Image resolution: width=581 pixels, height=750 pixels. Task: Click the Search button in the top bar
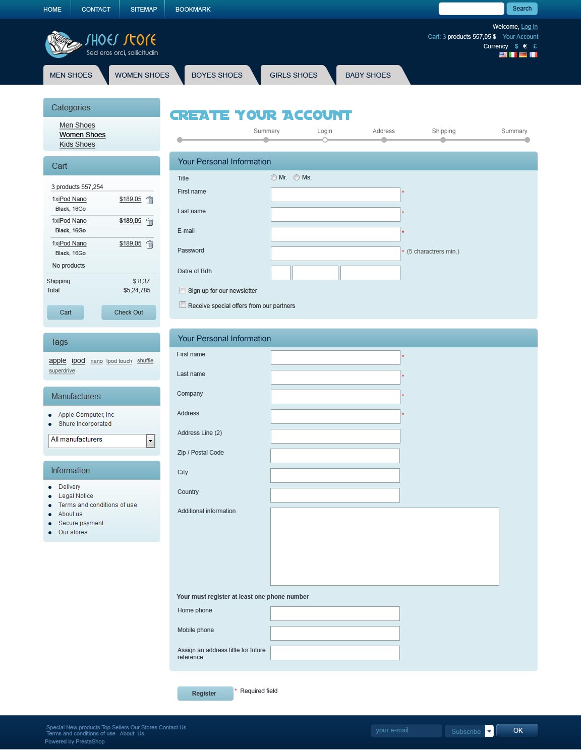522,9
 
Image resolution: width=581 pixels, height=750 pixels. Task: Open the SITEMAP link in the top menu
143,10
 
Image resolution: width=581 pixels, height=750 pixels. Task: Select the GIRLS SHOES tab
294,75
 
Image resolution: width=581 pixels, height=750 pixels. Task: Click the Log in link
529,27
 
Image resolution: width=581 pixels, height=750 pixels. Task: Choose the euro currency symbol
525,46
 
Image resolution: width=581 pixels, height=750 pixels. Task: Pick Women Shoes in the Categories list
82,135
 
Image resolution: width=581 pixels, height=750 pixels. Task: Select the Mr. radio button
274,177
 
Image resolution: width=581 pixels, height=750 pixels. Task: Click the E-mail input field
335,234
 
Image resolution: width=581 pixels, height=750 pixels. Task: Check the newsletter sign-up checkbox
183,290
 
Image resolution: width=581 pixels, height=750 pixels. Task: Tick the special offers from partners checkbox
183,305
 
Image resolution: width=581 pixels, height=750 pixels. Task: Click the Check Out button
129,312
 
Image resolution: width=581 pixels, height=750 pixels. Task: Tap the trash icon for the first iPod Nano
150,200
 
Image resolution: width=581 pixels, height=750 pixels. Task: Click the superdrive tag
62,371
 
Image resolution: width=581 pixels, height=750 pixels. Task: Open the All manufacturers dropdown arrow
150,441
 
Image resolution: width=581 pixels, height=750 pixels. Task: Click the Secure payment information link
81,523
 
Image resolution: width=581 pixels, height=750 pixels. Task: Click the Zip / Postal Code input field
335,456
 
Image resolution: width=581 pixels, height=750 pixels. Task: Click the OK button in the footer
517,730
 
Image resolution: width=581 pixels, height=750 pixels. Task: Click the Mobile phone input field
335,633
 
